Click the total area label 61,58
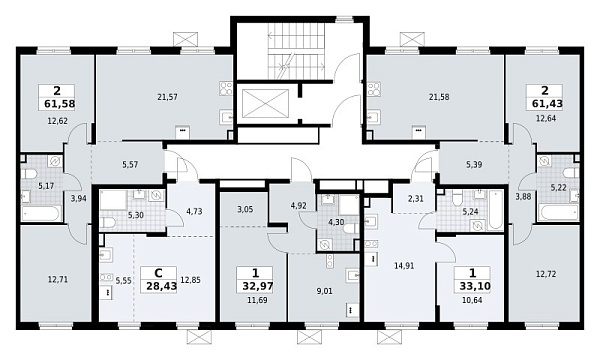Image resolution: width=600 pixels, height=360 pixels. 59,104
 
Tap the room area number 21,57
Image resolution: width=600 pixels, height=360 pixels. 167,97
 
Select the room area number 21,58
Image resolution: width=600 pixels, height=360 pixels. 439,97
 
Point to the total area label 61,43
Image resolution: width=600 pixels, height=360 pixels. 547,103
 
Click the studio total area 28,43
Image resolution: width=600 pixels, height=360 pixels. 161,286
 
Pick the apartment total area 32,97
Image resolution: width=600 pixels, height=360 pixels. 258,286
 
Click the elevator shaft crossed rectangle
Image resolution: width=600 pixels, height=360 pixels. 266,104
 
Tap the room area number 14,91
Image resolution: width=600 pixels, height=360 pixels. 404,266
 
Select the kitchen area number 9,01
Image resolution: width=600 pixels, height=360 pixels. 325,291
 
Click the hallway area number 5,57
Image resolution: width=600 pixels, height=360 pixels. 130,165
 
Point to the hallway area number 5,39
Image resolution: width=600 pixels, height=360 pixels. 474,165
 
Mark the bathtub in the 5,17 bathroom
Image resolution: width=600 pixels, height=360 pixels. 41,213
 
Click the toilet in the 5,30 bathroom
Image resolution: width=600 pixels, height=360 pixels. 108,222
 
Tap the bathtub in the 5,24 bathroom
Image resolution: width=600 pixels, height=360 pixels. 495,210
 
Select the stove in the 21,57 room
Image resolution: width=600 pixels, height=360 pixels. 226,88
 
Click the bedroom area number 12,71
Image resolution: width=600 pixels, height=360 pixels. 58,280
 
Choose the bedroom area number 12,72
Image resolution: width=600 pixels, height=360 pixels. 546,274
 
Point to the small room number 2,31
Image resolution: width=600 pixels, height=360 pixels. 416,199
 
